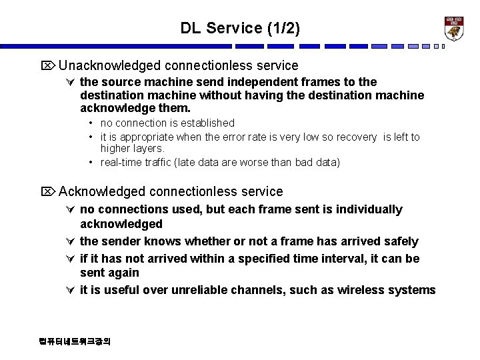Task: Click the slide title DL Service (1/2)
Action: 240,28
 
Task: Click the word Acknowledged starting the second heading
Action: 102,192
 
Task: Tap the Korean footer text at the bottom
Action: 75,341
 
